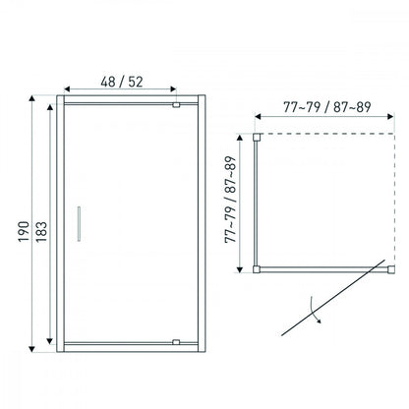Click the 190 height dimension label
pos(24,232)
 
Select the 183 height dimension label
pos(41,232)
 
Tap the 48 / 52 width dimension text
pos(122,82)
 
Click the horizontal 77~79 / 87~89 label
pos(327,107)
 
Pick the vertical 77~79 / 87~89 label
pos(230,200)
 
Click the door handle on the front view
pos(79,224)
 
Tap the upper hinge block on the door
pos(176,105)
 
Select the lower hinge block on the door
pos(176,342)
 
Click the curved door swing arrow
pos(315,310)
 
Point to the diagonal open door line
pos(333,298)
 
